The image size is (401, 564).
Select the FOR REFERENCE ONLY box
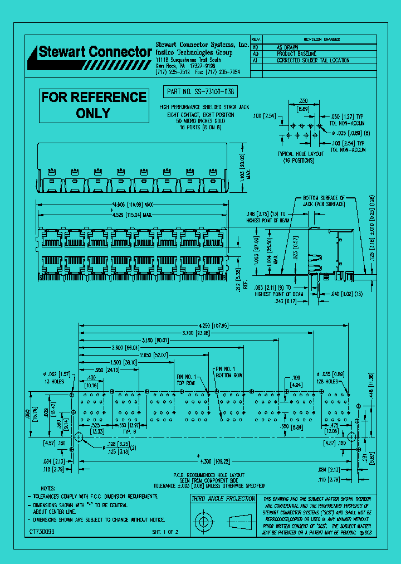click(94, 105)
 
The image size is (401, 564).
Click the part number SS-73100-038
click(199, 91)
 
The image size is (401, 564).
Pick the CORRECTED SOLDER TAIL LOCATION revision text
click(313, 60)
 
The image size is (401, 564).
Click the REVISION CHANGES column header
click(321, 40)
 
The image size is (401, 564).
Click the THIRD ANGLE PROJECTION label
click(223, 499)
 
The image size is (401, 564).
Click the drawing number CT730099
click(42, 532)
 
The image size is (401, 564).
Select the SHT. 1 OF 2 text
click(165, 532)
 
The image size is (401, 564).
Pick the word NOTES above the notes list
click(48, 488)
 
